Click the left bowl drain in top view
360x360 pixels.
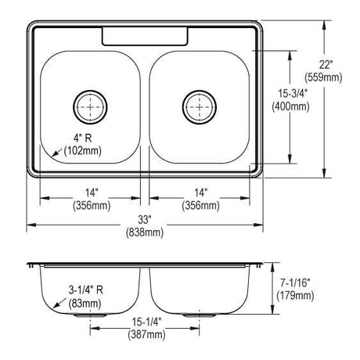(90, 107)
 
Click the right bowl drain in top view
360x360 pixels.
(200, 107)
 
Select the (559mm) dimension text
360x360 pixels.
(323, 77)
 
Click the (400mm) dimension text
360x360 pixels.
(290, 106)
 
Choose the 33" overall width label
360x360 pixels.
(145, 220)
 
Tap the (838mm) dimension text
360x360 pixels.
(145, 232)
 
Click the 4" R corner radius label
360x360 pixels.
(83, 139)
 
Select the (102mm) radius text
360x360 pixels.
(83, 151)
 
